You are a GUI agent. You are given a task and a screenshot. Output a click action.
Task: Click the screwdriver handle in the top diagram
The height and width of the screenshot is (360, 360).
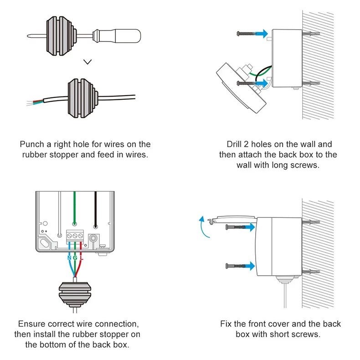click(x=128, y=36)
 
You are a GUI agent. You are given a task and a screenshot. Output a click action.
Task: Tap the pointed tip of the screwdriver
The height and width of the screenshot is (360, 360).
click(x=27, y=36)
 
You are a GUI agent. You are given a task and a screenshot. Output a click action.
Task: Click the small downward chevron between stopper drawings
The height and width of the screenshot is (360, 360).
click(x=87, y=62)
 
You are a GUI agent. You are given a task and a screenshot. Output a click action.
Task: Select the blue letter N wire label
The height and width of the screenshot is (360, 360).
click(x=69, y=258)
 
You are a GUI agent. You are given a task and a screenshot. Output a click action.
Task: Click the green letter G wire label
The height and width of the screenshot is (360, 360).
click(x=75, y=258)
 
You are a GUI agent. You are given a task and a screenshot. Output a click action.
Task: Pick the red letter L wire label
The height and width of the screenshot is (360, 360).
click(x=82, y=258)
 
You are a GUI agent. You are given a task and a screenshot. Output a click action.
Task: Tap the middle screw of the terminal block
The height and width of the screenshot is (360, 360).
click(x=75, y=236)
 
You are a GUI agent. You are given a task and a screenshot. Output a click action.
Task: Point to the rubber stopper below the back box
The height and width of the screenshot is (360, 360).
click(x=75, y=295)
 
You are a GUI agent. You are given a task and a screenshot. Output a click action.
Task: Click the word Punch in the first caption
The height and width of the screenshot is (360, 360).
click(x=32, y=144)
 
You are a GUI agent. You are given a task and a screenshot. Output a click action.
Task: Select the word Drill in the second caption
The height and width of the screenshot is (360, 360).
click(x=234, y=144)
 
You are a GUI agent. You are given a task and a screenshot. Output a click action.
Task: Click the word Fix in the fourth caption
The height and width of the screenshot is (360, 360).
click(x=226, y=324)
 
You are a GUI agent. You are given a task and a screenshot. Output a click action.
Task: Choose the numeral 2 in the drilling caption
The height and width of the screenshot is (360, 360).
click(x=247, y=144)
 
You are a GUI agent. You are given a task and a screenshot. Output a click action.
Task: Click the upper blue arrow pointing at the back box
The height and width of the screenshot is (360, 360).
click(x=261, y=34)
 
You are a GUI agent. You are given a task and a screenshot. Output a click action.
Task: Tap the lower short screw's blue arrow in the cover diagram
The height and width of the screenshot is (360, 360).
click(x=249, y=266)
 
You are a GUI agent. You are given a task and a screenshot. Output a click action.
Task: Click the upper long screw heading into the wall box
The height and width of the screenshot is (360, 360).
click(x=246, y=34)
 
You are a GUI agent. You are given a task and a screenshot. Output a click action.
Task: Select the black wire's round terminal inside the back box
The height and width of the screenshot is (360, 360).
click(x=96, y=227)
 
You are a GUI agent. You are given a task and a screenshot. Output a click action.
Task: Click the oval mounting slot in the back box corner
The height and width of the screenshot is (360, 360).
click(x=45, y=242)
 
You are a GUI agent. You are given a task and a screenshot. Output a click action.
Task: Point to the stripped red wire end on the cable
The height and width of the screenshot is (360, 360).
click(x=38, y=101)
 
